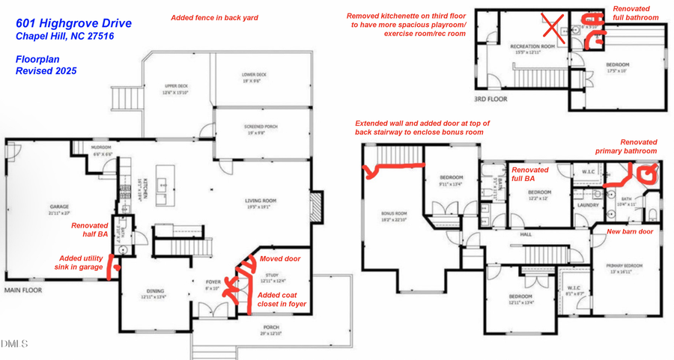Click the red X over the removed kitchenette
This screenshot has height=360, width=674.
pyautogui.click(x=552, y=28)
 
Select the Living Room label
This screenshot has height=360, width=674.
pyautogui.click(x=261, y=200)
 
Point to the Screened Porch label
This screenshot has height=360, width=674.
pyautogui.click(x=261, y=126)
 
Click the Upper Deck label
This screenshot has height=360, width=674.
pyautogui.click(x=176, y=86)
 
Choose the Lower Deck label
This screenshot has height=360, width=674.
pyautogui.click(x=255, y=75)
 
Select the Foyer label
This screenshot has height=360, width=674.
pyautogui.click(x=213, y=282)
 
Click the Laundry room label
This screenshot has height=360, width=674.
pyautogui.click(x=584, y=204)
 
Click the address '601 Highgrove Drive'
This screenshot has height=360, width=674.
pyautogui.click(x=73, y=24)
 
